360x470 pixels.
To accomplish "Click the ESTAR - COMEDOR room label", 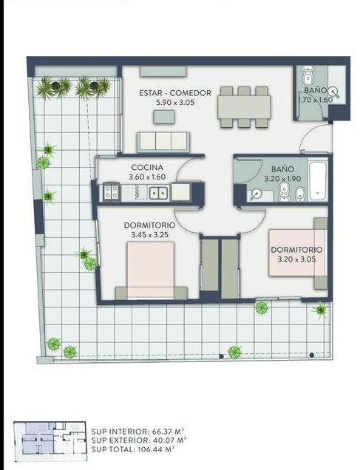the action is coord(175,93).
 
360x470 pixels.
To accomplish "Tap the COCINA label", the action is coord(147,167).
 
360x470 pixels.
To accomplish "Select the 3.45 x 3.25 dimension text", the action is coord(149,235).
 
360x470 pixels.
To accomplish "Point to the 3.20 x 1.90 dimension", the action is coord(282,179).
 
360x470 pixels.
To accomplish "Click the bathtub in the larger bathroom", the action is coord(318,181).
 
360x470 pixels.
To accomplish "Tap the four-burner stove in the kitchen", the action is coord(111,192).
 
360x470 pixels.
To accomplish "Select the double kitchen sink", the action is coord(158,193).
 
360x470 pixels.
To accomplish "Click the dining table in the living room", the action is coord(244,107).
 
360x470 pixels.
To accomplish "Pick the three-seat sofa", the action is coord(163,142).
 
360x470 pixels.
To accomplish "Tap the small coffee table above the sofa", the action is coord(164,117).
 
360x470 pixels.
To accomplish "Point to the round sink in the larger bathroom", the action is coord(256,195).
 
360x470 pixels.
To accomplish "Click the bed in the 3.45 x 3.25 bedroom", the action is coord(151,270).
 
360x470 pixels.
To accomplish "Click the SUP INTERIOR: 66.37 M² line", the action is coord(138,432).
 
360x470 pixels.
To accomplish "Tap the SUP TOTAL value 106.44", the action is coord(151,449).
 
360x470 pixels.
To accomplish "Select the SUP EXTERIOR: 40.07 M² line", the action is coord(139,440).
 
